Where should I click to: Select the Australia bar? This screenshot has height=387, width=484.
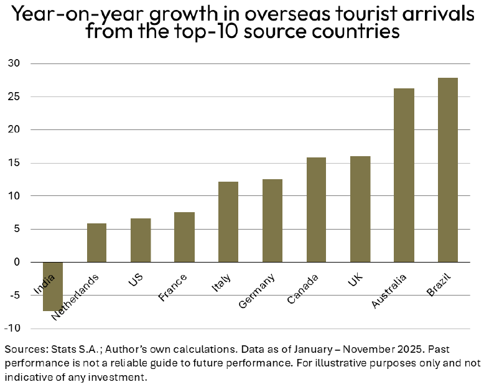pyautogui.click(x=404, y=175)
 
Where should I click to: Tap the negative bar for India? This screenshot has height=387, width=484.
pyautogui.click(x=53, y=286)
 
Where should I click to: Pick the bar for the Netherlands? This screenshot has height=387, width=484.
pyautogui.click(x=96, y=243)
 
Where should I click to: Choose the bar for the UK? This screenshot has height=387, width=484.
pyautogui.click(x=360, y=209)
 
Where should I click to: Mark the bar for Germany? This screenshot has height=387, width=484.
pyautogui.click(x=272, y=220)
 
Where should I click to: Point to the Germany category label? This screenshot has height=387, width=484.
pyautogui.click(x=256, y=292)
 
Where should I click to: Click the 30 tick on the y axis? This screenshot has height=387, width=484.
pyautogui.click(x=14, y=63)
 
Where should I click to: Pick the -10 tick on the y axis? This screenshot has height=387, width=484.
pyautogui.click(x=13, y=328)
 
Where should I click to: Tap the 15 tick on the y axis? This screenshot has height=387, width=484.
pyautogui.click(x=14, y=163)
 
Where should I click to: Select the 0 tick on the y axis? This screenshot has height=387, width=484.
pyautogui.click(x=17, y=262)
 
